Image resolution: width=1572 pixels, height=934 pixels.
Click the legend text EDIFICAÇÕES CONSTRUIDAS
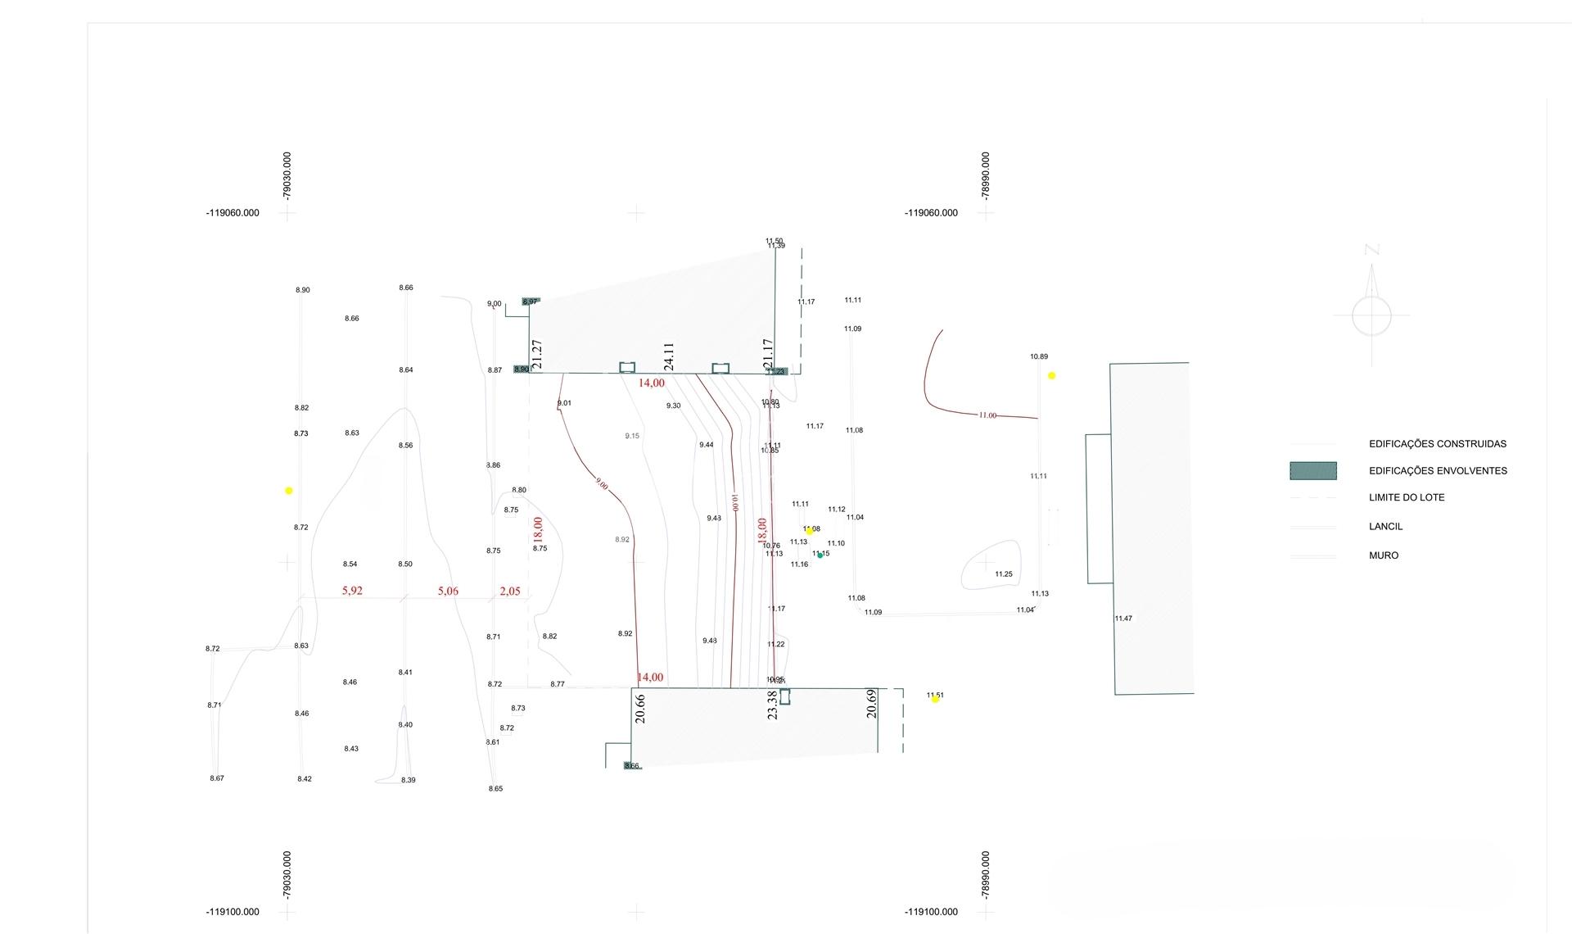pyautogui.click(x=1437, y=444)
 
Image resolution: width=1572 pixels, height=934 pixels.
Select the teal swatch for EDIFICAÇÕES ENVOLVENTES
pyautogui.click(x=1312, y=470)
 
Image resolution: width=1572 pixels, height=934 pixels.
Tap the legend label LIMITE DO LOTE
pyautogui.click(x=1407, y=497)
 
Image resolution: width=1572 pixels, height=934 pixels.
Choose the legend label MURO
pyautogui.click(x=1384, y=555)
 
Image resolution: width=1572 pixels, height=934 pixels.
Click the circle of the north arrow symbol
pyautogui.click(x=1371, y=315)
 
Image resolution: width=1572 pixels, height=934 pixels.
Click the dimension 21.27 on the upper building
pyautogui.click(x=537, y=354)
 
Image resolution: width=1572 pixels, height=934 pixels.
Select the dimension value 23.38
pyautogui.click(x=772, y=705)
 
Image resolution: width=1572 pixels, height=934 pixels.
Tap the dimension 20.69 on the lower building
pyautogui.click(x=871, y=704)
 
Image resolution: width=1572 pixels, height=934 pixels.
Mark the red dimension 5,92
pyautogui.click(x=352, y=591)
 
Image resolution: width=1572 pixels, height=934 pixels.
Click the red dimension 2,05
pyautogui.click(x=509, y=592)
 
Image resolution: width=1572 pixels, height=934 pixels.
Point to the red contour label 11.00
pyautogui.click(x=987, y=415)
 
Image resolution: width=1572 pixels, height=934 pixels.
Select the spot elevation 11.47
pyautogui.click(x=1123, y=619)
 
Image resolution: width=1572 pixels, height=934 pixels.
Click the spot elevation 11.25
pyautogui.click(x=1004, y=574)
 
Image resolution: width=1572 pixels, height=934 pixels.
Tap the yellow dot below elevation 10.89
pyautogui.click(x=1051, y=376)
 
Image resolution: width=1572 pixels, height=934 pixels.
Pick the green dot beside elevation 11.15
pyautogui.click(x=820, y=555)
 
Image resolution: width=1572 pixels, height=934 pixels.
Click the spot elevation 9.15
pyautogui.click(x=632, y=436)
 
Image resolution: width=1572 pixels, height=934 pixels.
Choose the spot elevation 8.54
pyautogui.click(x=350, y=564)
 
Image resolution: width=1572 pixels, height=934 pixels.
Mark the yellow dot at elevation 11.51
pyautogui.click(x=934, y=699)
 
